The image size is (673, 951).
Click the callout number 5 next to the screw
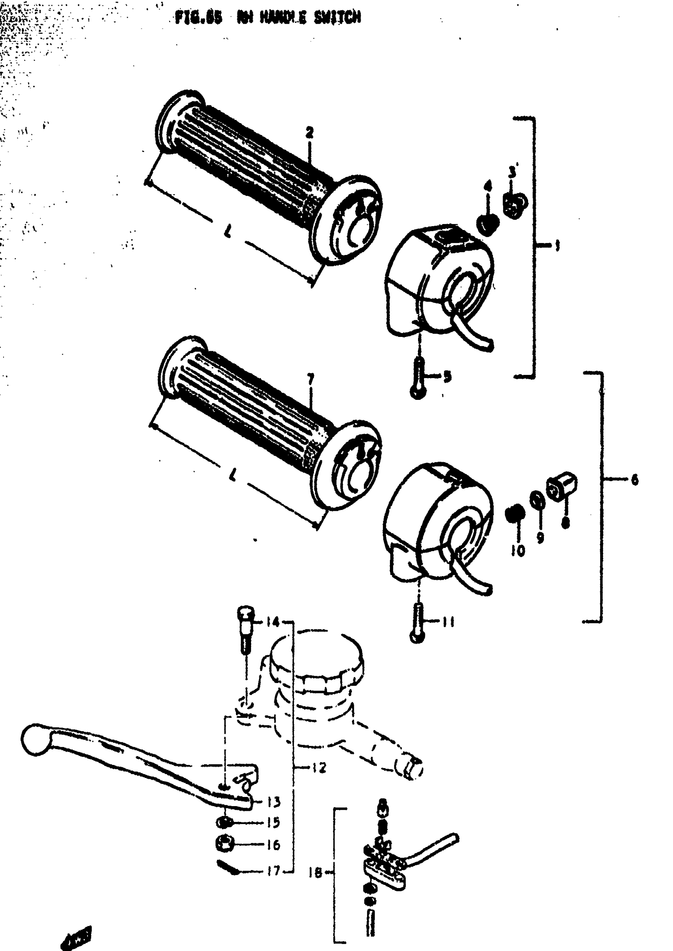coord(447,377)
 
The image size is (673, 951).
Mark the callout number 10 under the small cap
coord(517,551)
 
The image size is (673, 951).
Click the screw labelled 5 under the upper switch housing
coord(418,378)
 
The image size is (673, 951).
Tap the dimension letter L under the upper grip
coord(228,233)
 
